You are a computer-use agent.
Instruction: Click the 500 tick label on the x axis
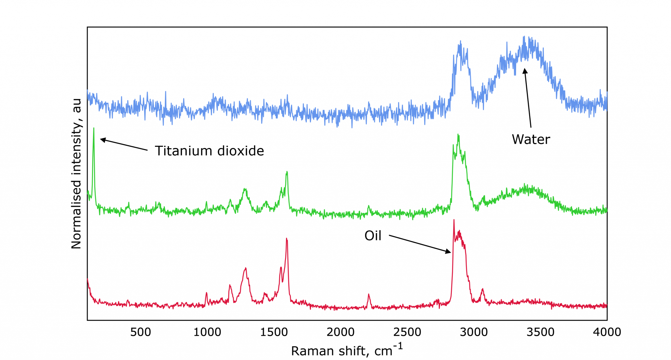[x=141, y=332]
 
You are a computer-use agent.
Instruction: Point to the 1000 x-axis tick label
[x=207, y=332]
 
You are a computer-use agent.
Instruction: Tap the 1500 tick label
[x=274, y=332]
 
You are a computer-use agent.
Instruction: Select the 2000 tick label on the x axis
[x=340, y=332]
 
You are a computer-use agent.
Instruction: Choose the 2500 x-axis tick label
[x=407, y=332]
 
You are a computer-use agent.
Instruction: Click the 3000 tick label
[x=474, y=332]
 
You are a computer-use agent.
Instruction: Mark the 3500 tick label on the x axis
[x=541, y=332]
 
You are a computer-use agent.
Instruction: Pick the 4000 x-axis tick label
[x=607, y=332]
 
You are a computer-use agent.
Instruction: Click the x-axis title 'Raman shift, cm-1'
[x=347, y=350]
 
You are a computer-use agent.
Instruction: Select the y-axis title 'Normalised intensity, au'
[x=76, y=174]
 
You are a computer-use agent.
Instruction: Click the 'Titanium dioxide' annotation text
[x=209, y=151]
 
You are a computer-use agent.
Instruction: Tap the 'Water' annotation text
[x=531, y=140]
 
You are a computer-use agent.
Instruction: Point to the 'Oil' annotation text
[x=373, y=236]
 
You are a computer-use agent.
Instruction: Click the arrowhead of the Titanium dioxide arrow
[x=101, y=140]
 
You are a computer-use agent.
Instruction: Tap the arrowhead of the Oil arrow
[x=450, y=252]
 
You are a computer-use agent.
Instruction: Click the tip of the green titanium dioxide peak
[x=94, y=128]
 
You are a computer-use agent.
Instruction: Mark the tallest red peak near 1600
[x=287, y=238]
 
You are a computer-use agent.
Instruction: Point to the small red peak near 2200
[x=369, y=294]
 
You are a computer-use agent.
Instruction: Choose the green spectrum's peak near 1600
[x=287, y=172]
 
